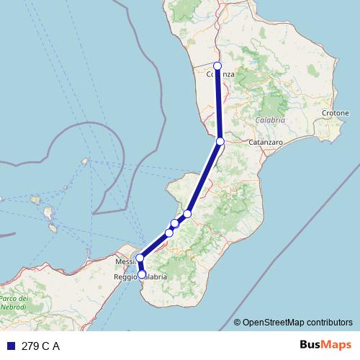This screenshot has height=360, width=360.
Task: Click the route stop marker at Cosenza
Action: (217, 66)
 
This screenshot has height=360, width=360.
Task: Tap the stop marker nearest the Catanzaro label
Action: (220, 141)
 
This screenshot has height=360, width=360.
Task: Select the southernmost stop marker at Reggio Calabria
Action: (142, 274)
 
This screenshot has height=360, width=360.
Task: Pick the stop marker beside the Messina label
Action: (140, 258)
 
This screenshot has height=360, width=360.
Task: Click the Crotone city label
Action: (336, 113)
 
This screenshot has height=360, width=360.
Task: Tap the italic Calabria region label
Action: (270, 120)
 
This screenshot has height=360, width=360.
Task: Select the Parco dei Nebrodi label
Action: (14, 302)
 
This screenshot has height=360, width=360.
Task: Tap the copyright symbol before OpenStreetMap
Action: (237, 323)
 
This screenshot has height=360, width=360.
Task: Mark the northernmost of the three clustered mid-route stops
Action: (187, 214)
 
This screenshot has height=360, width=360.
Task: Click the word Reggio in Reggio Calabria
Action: (125, 276)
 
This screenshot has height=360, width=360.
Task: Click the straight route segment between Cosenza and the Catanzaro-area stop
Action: (219, 104)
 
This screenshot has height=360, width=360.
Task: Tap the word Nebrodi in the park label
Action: (14, 307)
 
